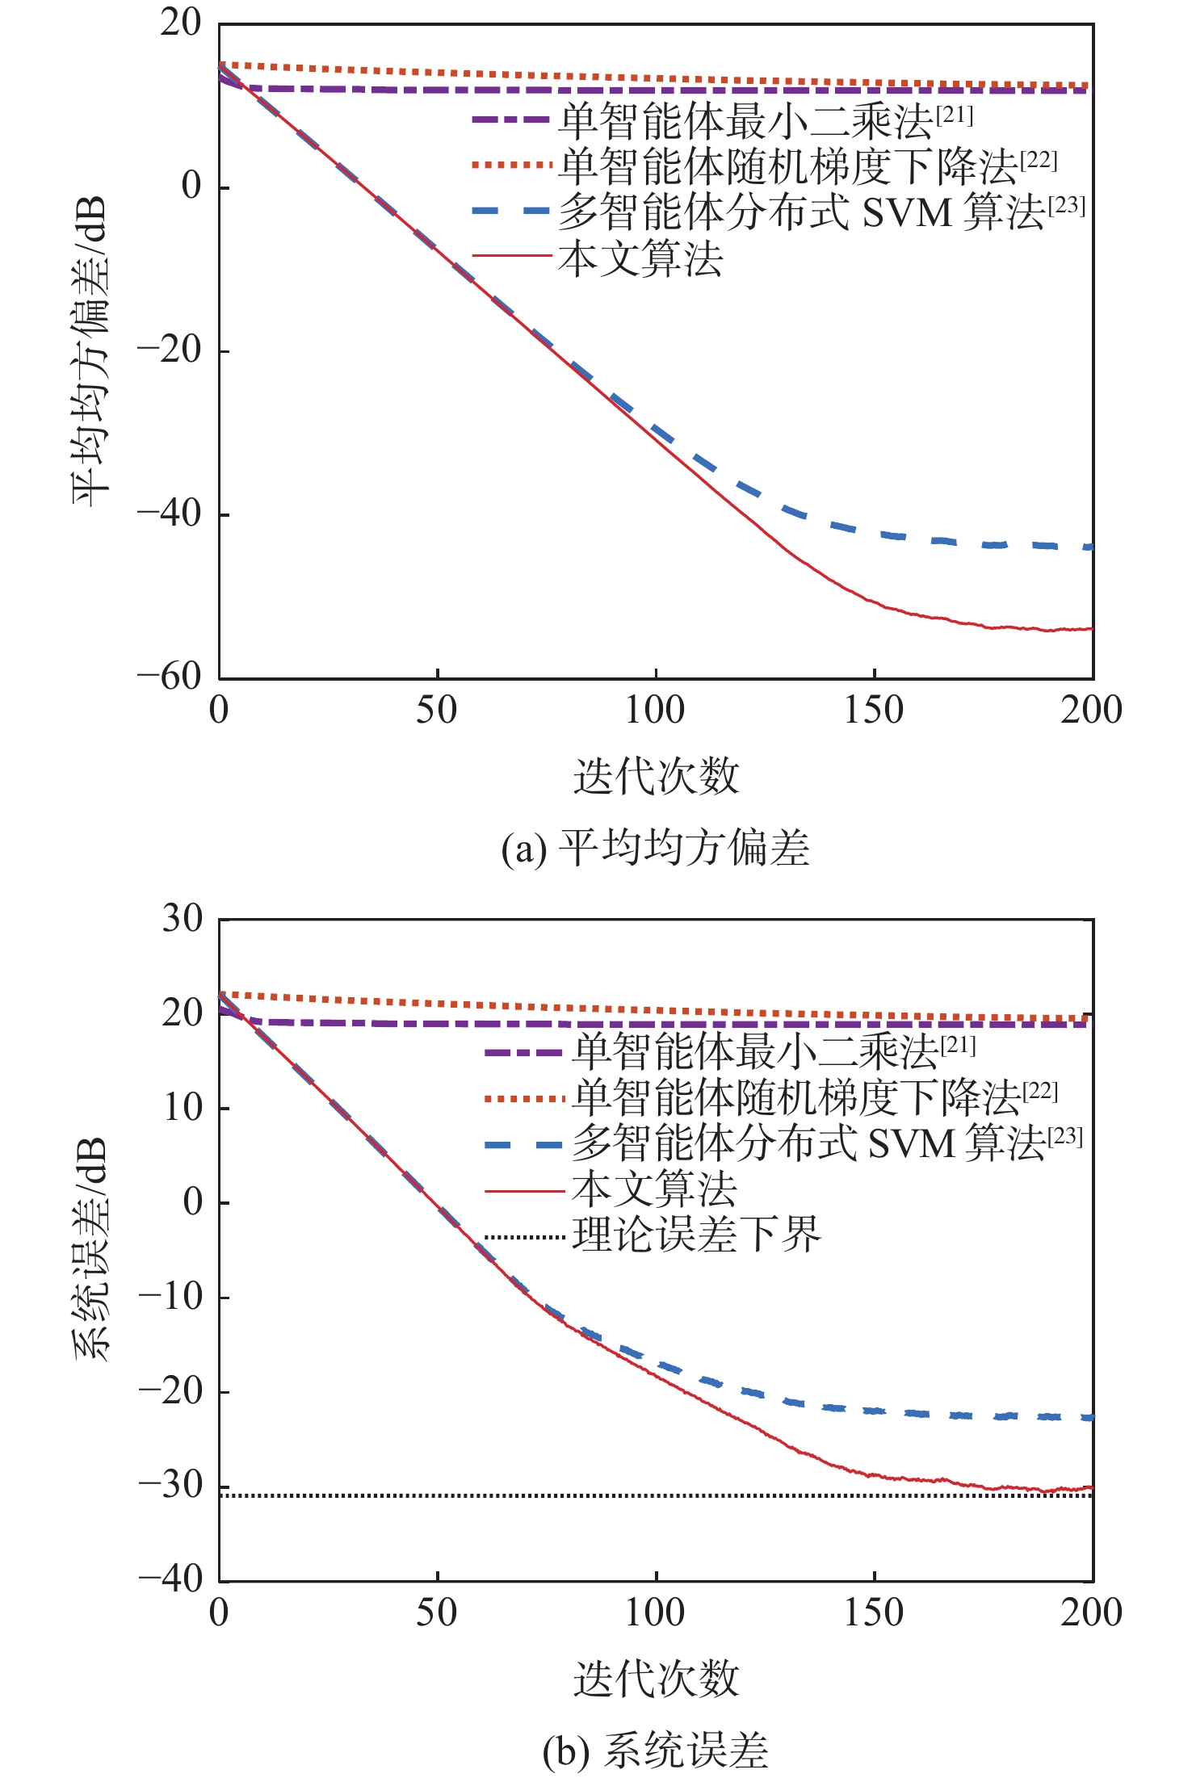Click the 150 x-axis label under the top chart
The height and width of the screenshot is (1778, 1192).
click(x=874, y=711)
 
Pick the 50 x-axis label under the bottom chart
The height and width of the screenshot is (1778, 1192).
click(x=437, y=1613)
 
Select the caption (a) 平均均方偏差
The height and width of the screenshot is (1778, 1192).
click(x=655, y=849)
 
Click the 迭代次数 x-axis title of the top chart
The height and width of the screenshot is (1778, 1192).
click(x=656, y=777)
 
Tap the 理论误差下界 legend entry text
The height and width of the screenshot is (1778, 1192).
click(x=696, y=1235)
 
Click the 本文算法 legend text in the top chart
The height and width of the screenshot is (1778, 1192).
click(x=640, y=259)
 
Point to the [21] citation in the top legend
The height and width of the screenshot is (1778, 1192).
click(x=955, y=115)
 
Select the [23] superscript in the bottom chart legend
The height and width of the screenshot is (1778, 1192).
click(x=1065, y=1136)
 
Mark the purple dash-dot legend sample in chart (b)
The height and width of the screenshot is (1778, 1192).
click(x=523, y=1053)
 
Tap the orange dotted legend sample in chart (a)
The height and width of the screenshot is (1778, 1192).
click(x=512, y=166)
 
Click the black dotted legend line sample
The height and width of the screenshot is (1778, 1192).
click(x=523, y=1237)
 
